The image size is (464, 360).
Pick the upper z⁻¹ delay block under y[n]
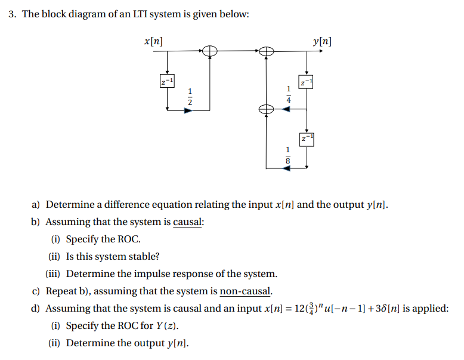click(306, 81)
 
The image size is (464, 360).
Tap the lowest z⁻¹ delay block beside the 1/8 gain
click(306, 139)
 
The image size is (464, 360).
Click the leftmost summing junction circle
click(209, 52)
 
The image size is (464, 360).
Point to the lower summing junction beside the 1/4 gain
click(266, 109)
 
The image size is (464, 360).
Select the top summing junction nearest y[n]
click(266, 52)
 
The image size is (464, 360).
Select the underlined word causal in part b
click(188, 222)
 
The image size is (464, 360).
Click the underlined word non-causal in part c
click(246, 291)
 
